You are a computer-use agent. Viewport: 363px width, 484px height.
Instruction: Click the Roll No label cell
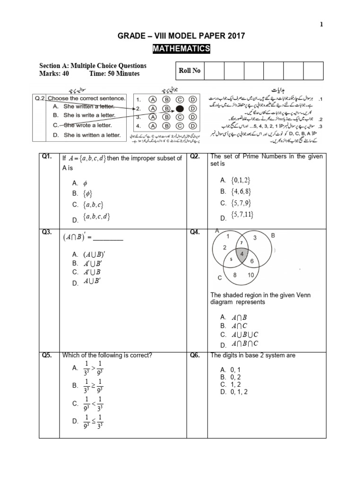pyautogui.click(x=189, y=70)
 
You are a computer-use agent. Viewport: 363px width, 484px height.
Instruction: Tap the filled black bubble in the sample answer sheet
pyautogui.click(x=180, y=108)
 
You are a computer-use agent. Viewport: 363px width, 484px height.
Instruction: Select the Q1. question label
pyautogui.click(x=46, y=157)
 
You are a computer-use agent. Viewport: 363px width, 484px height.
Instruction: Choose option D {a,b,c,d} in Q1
pyautogui.click(x=92, y=217)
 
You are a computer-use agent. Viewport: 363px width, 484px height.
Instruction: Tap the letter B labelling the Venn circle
pyautogui.click(x=272, y=235)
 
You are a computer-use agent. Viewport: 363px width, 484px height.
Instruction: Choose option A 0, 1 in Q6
pyautogui.click(x=229, y=369)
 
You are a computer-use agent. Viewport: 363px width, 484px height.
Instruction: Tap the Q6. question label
pyautogui.click(x=195, y=355)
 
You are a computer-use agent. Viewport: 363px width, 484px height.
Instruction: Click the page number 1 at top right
pyautogui.click(x=322, y=25)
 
